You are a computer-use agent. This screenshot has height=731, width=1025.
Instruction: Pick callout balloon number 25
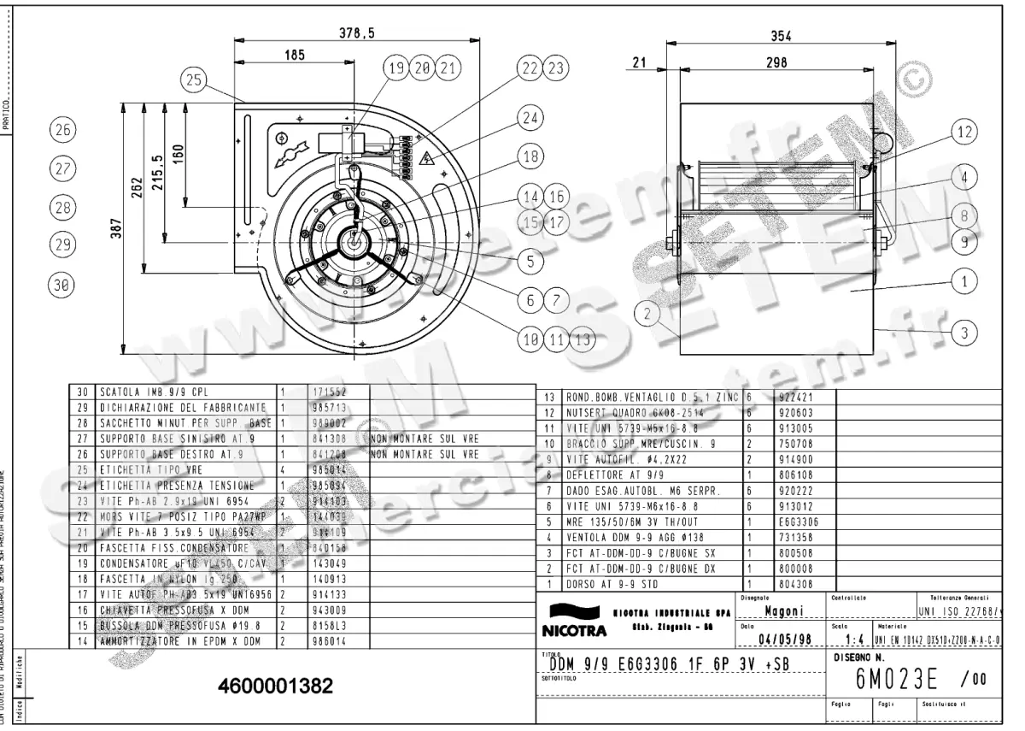point(194,80)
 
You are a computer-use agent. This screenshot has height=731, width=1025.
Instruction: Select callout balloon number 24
point(531,119)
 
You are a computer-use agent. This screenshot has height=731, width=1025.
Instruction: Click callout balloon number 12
point(963,132)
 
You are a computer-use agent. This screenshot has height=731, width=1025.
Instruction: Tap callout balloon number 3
point(963,333)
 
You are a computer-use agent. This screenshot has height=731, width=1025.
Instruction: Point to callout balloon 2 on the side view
point(649,315)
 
